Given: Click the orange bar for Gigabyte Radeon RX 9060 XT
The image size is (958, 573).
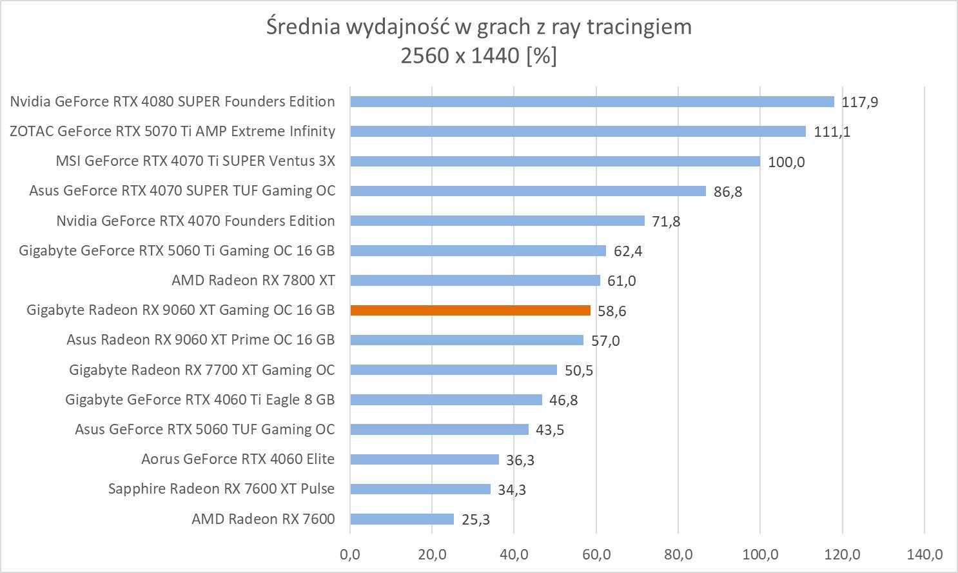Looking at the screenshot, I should click(x=470, y=310).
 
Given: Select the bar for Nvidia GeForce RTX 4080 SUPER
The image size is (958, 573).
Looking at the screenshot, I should click(x=592, y=101).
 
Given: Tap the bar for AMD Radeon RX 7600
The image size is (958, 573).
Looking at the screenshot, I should click(x=402, y=519).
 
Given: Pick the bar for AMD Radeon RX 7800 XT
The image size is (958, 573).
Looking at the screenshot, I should click(x=475, y=280).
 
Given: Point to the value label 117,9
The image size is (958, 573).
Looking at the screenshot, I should click(x=860, y=102).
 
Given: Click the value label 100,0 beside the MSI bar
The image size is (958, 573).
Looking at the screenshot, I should click(x=787, y=161).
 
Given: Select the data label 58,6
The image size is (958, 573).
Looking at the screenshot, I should click(x=612, y=311).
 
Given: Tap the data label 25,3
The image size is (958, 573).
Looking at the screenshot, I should click(x=476, y=519).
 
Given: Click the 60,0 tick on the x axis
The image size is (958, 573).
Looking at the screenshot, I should click(x=596, y=554).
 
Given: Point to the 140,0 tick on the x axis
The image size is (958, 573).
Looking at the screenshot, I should click(x=924, y=554).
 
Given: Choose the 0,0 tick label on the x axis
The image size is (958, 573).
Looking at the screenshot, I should click(x=350, y=554).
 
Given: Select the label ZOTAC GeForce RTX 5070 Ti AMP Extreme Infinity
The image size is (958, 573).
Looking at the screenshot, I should click(x=172, y=131).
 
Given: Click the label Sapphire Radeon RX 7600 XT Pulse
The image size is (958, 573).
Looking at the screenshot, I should click(x=221, y=488).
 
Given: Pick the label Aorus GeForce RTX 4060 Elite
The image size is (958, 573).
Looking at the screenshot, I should click(x=238, y=459).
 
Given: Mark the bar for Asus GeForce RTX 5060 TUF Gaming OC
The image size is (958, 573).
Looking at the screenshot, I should click(x=439, y=429).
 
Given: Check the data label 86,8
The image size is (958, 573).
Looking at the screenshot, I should click(x=728, y=192).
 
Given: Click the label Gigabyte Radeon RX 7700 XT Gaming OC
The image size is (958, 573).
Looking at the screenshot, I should click(x=202, y=370).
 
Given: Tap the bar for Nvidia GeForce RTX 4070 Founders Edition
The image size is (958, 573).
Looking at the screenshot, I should click(x=497, y=221).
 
